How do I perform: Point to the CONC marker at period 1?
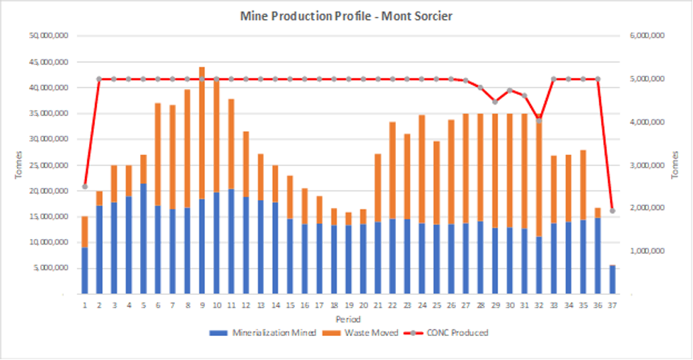[84, 187]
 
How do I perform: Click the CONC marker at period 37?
[612, 211]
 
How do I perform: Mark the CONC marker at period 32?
[539, 121]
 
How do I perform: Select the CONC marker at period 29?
[495, 102]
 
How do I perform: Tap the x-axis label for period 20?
[363, 306]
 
